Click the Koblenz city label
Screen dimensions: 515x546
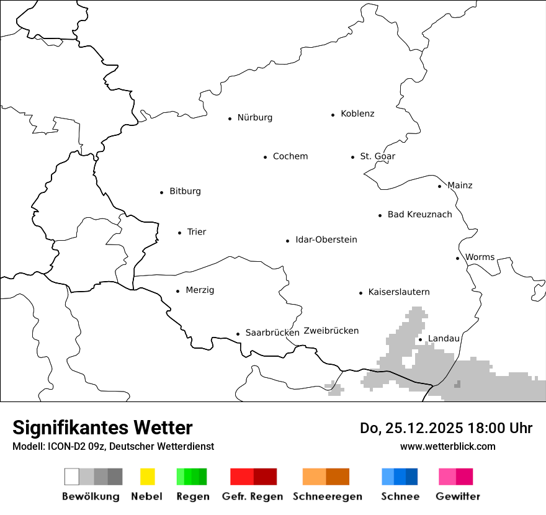(357, 114)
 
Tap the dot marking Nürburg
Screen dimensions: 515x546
(230, 118)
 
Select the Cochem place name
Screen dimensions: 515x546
(290, 156)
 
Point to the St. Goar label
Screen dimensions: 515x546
(377, 156)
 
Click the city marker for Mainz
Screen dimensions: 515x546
(439, 186)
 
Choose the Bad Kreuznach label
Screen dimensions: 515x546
(419, 215)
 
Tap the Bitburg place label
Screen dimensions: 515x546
(185, 191)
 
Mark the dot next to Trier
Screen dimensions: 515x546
(179, 233)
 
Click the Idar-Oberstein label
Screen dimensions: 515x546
(326, 240)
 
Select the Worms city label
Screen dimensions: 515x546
(480, 257)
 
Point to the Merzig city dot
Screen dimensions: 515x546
(177, 291)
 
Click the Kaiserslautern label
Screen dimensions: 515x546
(398, 292)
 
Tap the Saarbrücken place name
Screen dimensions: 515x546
(272, 333)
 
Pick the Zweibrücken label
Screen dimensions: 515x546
(331, 331)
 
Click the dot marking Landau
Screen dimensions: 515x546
(420, 339)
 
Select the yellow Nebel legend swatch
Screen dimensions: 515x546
(147, 477)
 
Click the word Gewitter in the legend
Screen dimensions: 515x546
(457, 496)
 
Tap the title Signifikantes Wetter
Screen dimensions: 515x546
(102, 428)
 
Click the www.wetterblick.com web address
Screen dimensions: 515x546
(447, 446)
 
